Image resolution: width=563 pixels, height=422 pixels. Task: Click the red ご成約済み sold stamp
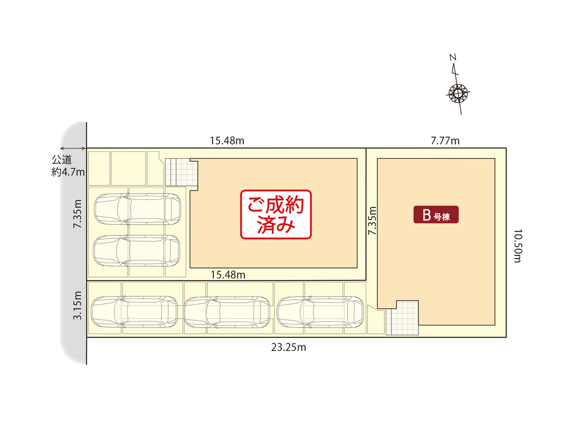pos(276,214)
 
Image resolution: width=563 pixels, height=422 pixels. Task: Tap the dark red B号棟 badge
pos(435,215)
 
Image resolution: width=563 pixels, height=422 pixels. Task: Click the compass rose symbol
pos(458,94)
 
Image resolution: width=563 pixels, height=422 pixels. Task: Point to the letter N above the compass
pos(453,56)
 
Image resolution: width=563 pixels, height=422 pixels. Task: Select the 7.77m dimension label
pos(445,141)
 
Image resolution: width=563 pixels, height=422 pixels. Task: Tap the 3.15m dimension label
pos(77,305)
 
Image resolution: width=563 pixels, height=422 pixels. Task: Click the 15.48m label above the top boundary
pos(227,141)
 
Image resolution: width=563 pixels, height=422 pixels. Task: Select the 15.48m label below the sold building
pos(227,274)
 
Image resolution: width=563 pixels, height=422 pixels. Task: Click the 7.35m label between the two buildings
pos(373,220)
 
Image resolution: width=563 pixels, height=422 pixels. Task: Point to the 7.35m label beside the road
pos(77,214)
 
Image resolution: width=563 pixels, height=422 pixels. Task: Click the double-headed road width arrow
pos(73,149)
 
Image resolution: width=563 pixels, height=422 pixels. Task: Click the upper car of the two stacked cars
pos(137,209)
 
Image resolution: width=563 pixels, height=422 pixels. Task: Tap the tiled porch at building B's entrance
pos(403,318)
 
